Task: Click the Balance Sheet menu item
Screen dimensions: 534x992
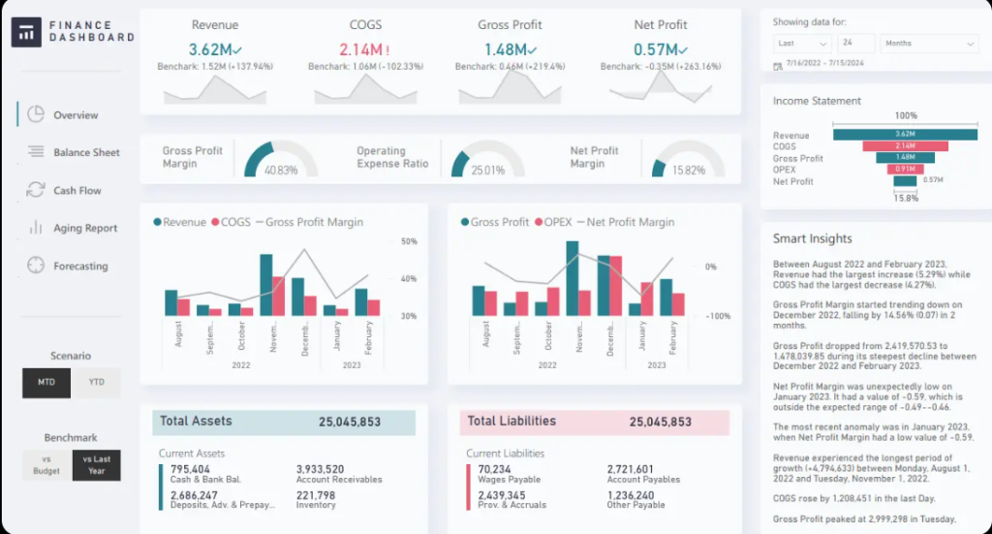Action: (x=86, y=152)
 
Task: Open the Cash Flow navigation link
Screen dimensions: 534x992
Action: (x=77, y=191)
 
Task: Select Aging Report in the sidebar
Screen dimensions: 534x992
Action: (x=84, y=229)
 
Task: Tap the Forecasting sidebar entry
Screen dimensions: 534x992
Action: (x=80, y=267)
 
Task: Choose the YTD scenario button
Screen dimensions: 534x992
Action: (x=96, y=383)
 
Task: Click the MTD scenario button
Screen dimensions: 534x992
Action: (x=46, y=383)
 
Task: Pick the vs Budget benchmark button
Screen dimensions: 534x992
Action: (x=46, y=465)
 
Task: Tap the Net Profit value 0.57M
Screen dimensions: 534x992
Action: (x=655, y=49)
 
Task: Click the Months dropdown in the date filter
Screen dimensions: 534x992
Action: (x=928, y=44)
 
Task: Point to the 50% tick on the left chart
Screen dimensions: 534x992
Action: (x=408, y=241)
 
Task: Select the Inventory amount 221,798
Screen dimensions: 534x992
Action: (x=316, y=494)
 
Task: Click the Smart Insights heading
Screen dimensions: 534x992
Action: (x=812, y=238)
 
